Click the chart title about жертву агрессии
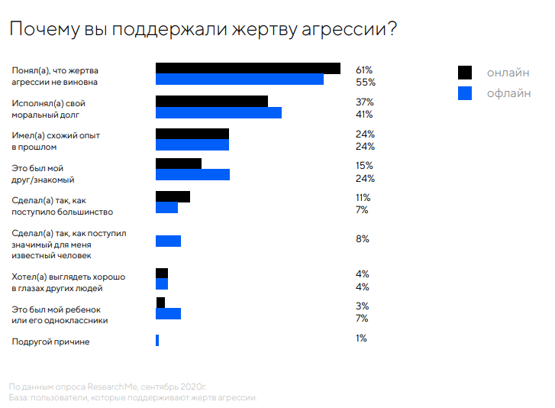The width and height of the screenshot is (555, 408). point(202,30)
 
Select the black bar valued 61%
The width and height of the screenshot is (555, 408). point(247,68)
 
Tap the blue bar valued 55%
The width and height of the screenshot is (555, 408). point(239,79)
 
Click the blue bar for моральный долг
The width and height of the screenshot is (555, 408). point(218,113)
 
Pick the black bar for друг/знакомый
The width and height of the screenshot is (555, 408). point(179,164)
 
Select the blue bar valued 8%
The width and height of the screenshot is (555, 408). point(168,241)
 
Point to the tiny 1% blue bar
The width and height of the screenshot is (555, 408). point(157,340)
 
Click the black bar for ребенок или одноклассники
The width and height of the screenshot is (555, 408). point(160,303)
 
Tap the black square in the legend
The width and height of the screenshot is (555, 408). point(465,73)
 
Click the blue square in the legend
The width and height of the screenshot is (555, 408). point(465,94)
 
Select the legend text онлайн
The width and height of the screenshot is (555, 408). point(508,73)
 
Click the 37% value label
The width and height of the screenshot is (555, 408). point(364,102)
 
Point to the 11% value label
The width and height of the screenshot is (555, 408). point(363,197)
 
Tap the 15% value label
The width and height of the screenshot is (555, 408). point(363,166)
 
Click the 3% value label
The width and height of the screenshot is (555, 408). point(362,306)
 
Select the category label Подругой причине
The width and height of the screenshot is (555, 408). point(50,342)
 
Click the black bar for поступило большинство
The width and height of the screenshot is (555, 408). point(173,196)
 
